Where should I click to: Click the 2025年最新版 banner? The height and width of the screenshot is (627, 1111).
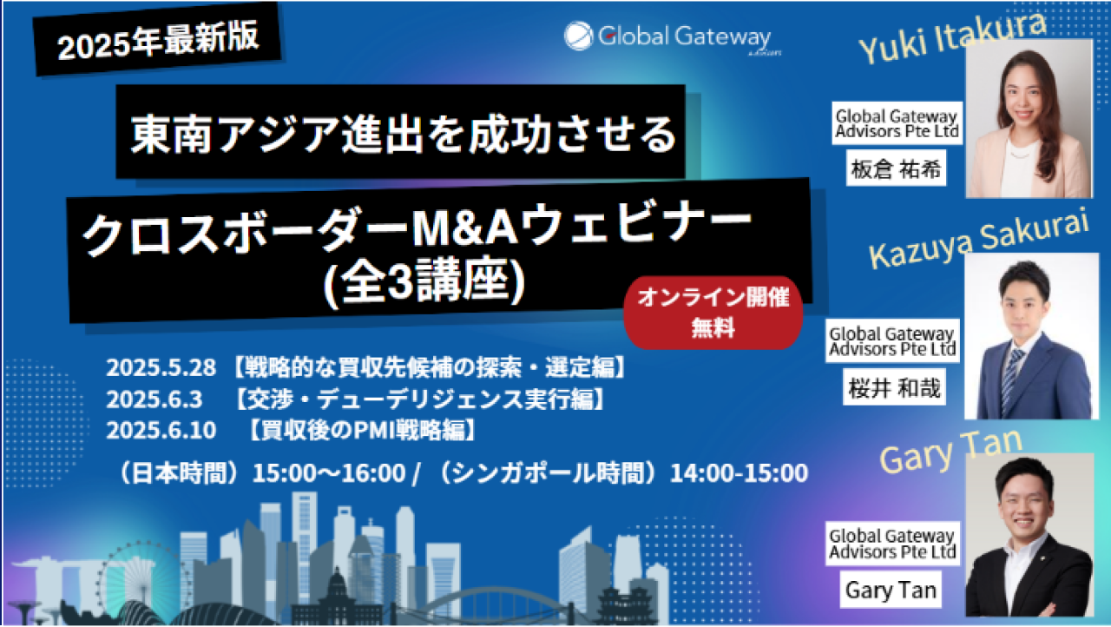tap(158, 40)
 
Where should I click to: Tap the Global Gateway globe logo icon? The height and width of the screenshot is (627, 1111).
tap(578, 36)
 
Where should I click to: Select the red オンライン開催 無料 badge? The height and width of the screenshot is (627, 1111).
tap(713, 313)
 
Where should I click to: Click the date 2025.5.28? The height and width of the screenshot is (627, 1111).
tap(161, 367)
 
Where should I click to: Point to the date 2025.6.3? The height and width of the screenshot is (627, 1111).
tap(154, 399)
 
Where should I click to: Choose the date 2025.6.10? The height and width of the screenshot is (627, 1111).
tap(161, 430)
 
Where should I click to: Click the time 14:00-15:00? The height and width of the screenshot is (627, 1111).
tap(739, 472)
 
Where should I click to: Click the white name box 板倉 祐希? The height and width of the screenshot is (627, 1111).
tap(897, 168)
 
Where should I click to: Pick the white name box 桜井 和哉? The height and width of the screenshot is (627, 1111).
tap(894, 387)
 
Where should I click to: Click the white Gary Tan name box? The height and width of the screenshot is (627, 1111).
tap(891, 590)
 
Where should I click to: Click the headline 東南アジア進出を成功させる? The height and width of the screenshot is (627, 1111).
tap(404, 134)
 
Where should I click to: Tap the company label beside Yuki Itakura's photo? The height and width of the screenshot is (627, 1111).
tap(897, 123)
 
